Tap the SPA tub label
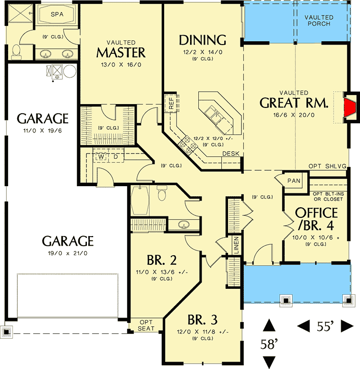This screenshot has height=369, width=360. tap(56, 14)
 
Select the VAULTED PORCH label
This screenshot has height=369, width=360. tap(319, 20)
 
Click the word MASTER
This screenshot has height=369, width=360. tap(120, 51)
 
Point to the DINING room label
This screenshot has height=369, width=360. tap(202, 39)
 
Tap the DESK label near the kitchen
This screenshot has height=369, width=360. tap(231, 154)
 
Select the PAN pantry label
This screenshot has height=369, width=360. tap(293, 180)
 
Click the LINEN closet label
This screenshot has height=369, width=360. tap(237, 244)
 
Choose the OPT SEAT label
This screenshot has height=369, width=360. tap(146, 325)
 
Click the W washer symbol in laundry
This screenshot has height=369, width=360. tap(101, 156)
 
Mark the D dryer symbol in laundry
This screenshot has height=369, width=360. tap(115, 156)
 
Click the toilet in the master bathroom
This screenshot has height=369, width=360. tap(16, 50)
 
